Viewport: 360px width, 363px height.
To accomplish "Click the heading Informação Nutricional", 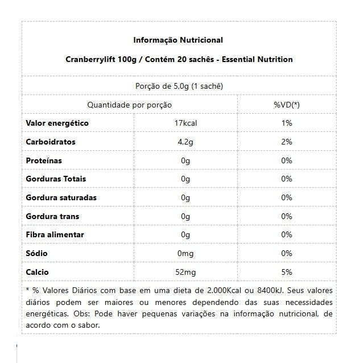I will [178, 40].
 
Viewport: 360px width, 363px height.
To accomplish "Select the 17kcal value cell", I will [185, 123].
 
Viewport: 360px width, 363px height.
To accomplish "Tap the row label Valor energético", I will [57, 123].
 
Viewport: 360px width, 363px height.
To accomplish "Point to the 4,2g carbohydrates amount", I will [185, 142].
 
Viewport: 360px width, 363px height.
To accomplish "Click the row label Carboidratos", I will [51, 142].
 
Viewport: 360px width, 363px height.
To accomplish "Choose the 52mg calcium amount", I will [185, 273].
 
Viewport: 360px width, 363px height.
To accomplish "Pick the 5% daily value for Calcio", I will [287, 273].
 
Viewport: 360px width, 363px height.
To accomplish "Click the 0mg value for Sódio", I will [185, 254].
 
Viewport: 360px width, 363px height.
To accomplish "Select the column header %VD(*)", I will [287, 105].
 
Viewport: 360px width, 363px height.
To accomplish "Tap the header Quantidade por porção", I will [129, 105].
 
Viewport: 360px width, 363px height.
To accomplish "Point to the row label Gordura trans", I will [52, 217].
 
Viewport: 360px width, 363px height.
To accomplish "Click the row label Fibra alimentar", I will [55, 235].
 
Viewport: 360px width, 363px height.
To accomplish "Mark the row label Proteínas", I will [44, 161].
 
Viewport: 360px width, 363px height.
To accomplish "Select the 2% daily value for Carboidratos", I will [287, 142].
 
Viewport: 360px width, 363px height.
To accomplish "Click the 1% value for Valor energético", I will [287, 123].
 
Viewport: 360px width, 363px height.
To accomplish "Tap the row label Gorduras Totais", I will [56, 179].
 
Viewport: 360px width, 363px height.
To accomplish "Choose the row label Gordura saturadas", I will [61, 198].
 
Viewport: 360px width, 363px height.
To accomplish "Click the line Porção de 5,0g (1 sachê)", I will [179, 86].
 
